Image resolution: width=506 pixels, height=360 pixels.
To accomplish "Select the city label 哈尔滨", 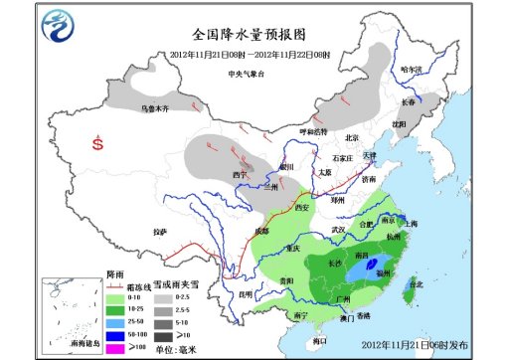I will [x=411, y=70].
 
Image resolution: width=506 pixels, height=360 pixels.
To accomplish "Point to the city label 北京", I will [x=350, y=138].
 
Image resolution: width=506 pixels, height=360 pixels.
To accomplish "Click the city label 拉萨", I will [x=160, y=232].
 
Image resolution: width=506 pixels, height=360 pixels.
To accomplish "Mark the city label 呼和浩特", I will [x=314, y=131].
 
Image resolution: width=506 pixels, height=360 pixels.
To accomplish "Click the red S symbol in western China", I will [x=97, y=143].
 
